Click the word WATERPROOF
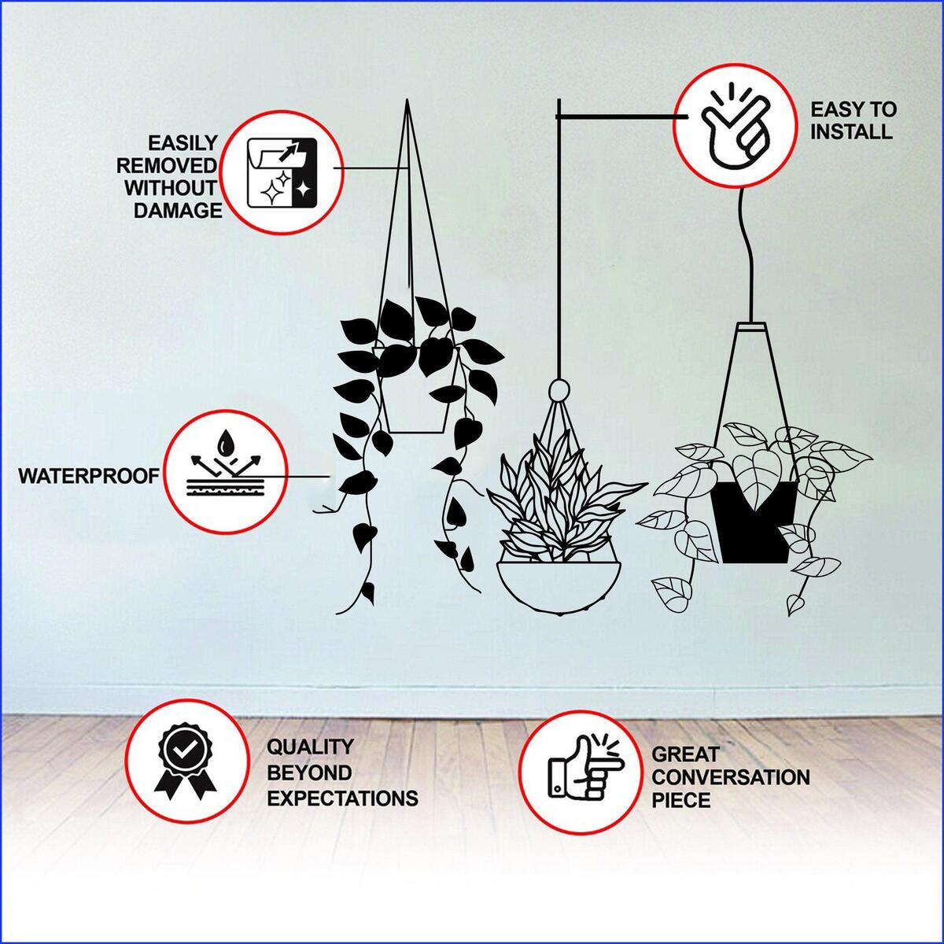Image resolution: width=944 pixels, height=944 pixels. pos(89,476)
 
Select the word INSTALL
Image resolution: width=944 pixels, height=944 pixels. pos(851,132)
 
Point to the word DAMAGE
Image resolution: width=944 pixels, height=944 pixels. pos(178,211)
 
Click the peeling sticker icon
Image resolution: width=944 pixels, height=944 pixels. pos(281,173)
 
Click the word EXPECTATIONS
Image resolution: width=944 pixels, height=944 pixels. pos(342,798)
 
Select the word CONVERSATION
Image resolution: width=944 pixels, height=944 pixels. pos(730,777)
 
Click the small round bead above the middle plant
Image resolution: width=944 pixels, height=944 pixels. pos(559,390)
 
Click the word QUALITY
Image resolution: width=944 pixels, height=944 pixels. pos(310,747)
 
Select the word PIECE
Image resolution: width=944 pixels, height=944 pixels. pos(681,800)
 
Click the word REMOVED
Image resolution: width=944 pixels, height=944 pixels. pos(167,166)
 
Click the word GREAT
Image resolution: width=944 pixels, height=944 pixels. pos(686,755)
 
